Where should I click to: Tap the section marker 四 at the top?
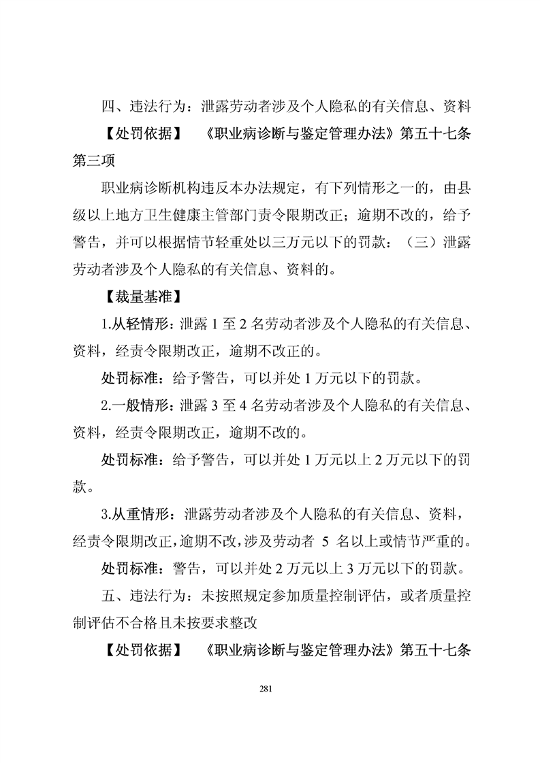pos(108,107)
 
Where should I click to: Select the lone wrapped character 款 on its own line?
pos(81,487)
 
